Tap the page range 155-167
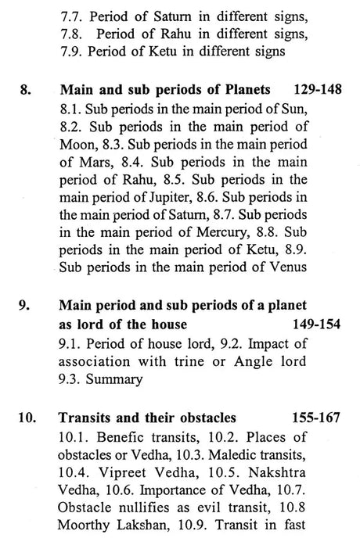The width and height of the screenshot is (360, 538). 312,417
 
